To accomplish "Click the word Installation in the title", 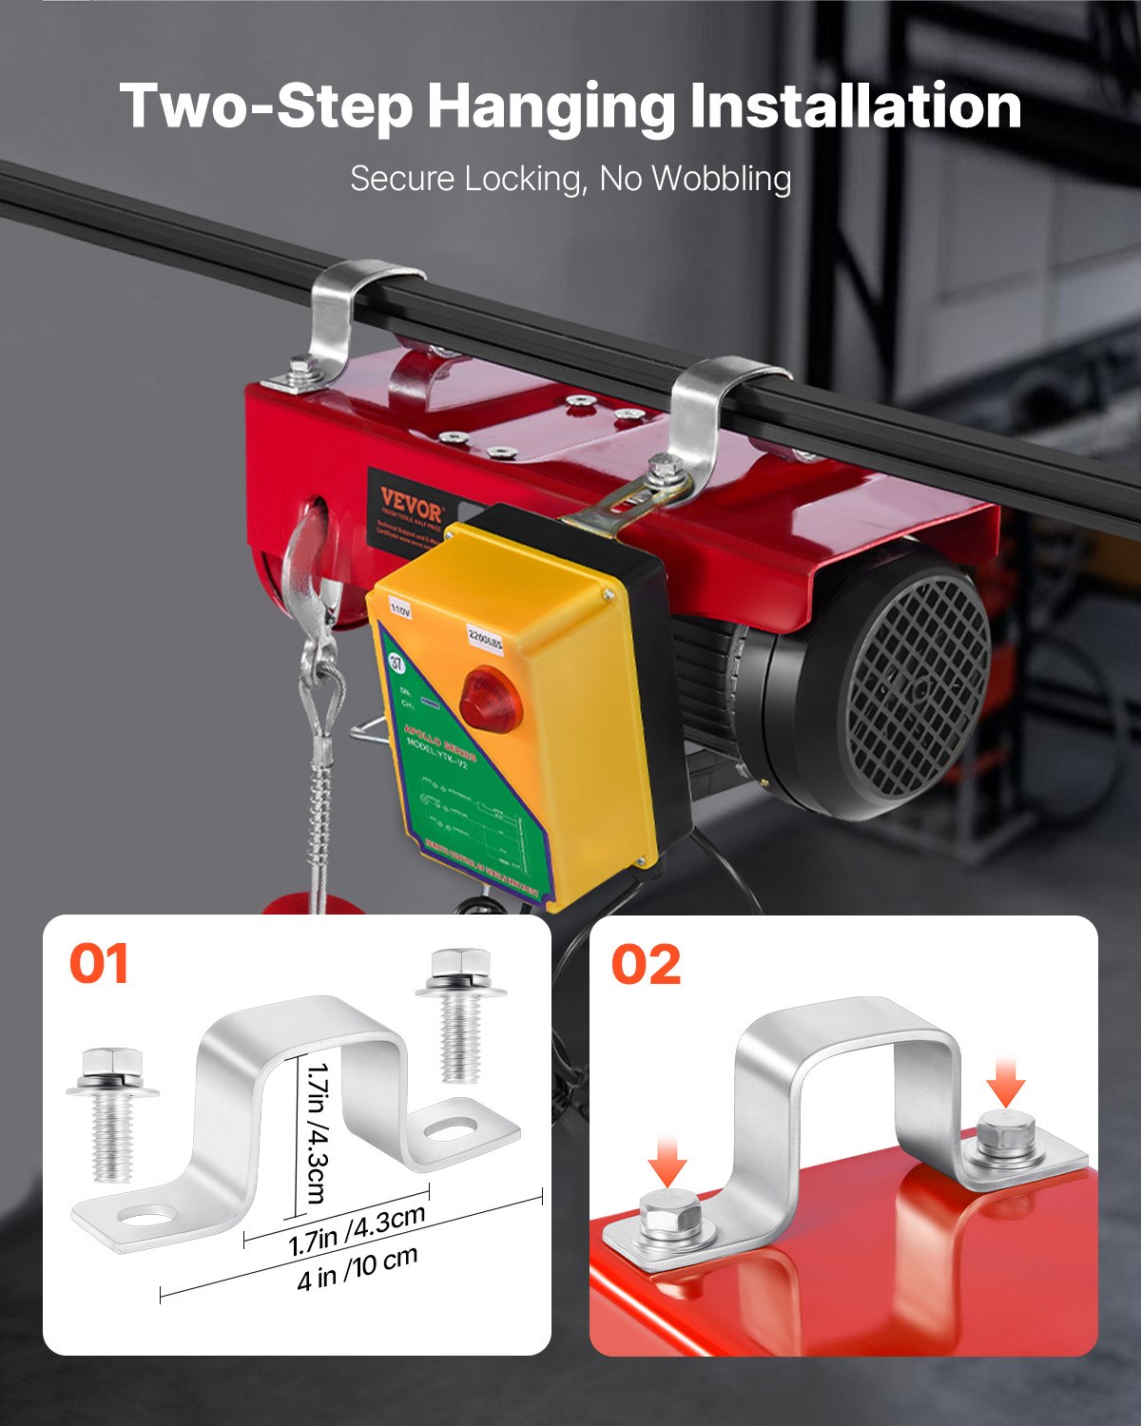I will pos(855,106).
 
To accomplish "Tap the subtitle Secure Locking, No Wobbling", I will pos(570,179).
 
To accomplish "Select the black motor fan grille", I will pos(903,687).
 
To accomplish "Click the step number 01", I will pos(99,965).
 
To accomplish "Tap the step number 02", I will pos(646,965).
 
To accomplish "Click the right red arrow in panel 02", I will pos(1006,1082).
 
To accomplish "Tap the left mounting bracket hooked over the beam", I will pos(342,318).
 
